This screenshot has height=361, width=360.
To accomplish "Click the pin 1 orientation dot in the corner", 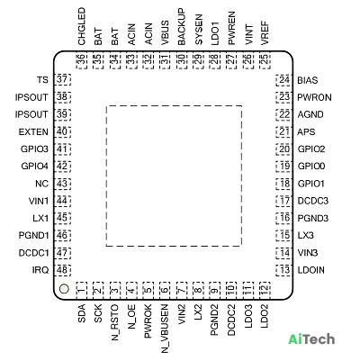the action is click(64, 289).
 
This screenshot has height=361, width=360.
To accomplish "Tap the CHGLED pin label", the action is click(82, 27).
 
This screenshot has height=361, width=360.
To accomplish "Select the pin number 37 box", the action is click(62, 80).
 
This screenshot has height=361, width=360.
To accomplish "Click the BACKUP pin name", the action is click(182, 27).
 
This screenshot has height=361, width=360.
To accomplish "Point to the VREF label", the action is click(265, 33).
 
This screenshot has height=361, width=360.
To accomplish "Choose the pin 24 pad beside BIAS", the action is click(283, 80).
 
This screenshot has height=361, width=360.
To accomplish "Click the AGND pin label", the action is click(310, 114).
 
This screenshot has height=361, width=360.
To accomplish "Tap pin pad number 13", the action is click(283, 270).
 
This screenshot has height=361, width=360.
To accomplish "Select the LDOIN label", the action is click(311, 270).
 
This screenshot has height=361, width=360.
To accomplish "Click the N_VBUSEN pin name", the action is click(165, 329).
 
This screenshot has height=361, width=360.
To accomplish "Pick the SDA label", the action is click(82, 313).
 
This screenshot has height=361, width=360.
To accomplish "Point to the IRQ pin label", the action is click(40, 270).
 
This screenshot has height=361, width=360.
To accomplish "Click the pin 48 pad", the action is click(62, 270).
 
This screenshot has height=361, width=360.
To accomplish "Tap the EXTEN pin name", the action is click(33, 132).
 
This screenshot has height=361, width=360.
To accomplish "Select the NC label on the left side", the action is click(42, 184).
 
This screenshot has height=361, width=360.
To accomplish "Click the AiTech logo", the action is click(311, 339).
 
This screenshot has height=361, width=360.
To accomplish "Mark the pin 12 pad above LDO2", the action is click(265, 290).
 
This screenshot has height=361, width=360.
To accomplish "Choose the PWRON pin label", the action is click(315, 97).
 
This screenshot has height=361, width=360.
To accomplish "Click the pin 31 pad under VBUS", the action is click(165, 61).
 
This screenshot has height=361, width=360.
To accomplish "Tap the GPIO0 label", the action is click(311, 167).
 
